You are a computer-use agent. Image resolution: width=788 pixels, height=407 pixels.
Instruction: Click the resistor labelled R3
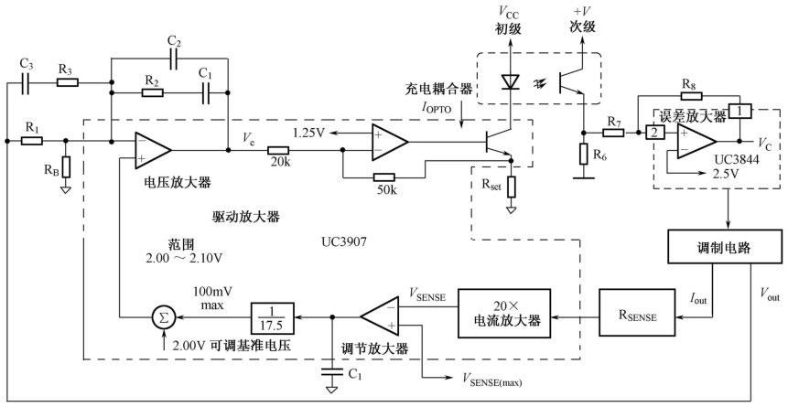(66, 82)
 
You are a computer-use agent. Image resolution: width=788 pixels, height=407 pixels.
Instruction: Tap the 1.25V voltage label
(308, 132)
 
